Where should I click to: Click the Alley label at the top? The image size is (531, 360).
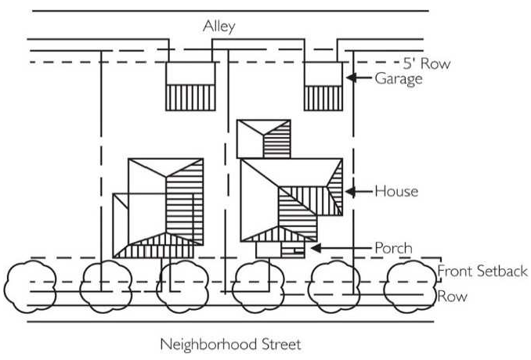[219, 27]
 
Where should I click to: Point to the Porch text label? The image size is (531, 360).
[393, 248]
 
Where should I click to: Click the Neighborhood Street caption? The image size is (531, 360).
[230, 344]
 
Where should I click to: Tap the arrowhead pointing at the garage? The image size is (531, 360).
[351, 78]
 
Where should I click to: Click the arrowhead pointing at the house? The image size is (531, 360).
[349, 191]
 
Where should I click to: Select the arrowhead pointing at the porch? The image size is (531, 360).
[315, 248]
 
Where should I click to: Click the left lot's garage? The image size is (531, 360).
[190, 85]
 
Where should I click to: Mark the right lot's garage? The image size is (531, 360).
[323, 85]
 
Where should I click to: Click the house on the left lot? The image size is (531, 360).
[161, 207]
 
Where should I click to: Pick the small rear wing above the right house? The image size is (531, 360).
[263, 139]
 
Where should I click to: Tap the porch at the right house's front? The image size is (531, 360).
[280, 249]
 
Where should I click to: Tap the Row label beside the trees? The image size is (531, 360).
[452, 297]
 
